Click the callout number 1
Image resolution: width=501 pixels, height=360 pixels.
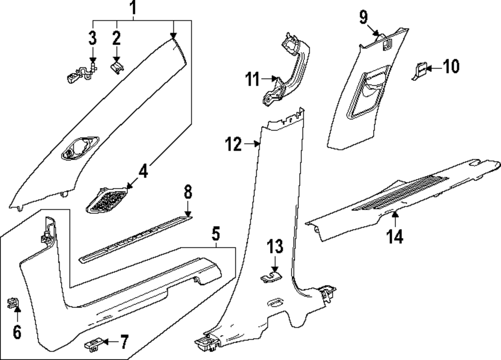point(132,8)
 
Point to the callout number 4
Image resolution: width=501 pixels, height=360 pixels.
point(143,172)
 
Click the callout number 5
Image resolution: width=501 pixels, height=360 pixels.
point(215,234)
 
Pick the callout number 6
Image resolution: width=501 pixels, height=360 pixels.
point(17,331)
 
